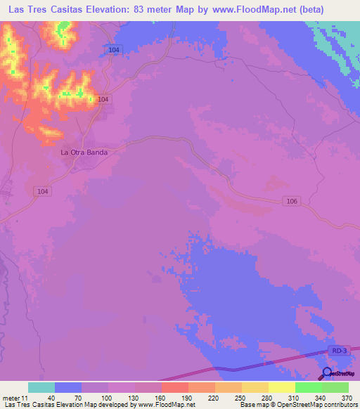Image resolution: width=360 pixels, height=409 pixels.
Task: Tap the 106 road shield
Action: click(x=292, y=201)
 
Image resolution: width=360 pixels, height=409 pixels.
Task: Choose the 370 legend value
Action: click(x=348, y=397)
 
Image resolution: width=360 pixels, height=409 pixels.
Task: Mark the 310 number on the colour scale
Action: click(x=295, y=397)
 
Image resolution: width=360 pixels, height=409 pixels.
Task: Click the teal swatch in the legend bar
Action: click(x=41, y=387)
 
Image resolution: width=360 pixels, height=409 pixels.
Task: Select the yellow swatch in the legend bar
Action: click(x=281, y=387)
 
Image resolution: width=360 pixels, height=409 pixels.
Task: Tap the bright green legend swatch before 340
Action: click(x=308, y=387)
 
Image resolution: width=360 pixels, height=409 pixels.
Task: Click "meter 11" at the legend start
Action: click(x=15, y=397)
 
